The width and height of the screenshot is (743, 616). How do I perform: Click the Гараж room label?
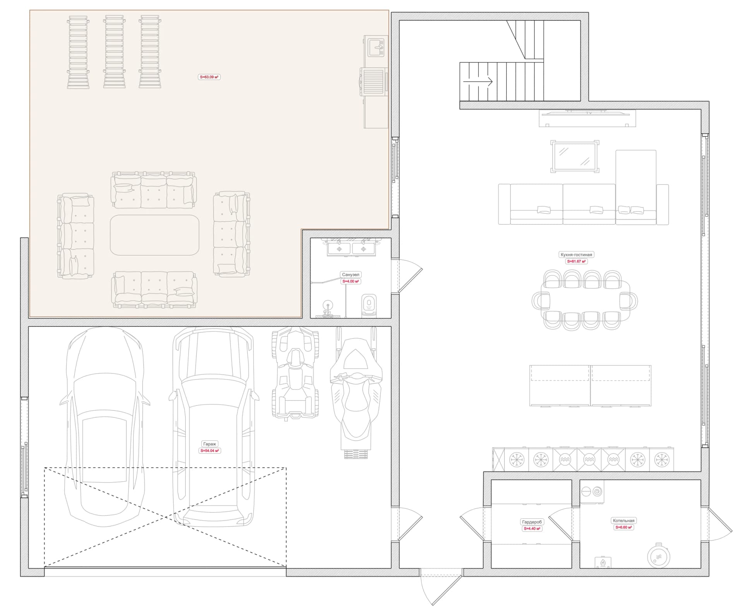[x=209, y=444]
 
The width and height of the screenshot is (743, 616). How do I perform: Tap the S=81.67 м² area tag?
[x=577, y=261]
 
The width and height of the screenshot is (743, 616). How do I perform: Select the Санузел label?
[x=351, y=275]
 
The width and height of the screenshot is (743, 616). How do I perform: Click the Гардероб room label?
[x=532, y=522]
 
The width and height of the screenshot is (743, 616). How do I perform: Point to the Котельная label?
[x=623, y=521]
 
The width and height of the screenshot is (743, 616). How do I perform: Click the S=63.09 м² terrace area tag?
[x=209, y=77]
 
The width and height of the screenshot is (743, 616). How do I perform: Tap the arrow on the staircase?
[x=478, y=82]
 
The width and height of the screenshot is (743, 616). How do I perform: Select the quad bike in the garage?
[x=295, y=373]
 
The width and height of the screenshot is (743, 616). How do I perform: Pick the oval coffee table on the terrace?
[x=154, y=235]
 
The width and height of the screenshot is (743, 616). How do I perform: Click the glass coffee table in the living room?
[x=575, y=156]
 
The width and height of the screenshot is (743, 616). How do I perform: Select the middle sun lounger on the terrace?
[x=115, y=52]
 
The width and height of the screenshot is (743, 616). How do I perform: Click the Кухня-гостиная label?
[x=576, y=255]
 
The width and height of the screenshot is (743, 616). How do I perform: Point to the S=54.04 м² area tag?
[x=209, y=451]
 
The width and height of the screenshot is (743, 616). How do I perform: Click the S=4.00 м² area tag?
[x=351, y=281]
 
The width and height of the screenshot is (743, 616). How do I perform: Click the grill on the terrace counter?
[x=374, y=82]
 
